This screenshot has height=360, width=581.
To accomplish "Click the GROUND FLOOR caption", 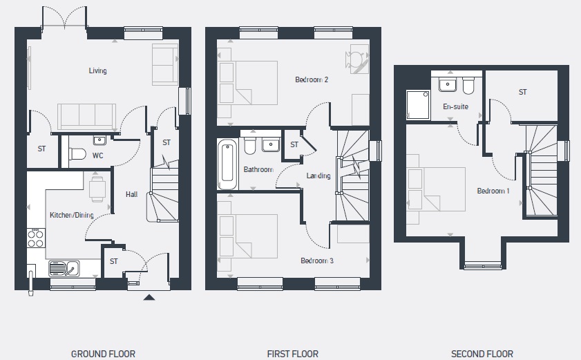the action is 103,354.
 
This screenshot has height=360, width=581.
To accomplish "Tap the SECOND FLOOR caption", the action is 482,354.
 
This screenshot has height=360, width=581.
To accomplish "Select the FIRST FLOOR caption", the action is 293,354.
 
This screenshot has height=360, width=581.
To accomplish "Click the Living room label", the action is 98,70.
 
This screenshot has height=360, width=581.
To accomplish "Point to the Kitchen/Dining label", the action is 72,215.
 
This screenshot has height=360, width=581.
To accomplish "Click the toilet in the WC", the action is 77,154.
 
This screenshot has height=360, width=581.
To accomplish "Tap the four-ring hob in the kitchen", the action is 36,238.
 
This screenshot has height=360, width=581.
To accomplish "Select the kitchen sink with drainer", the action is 64,268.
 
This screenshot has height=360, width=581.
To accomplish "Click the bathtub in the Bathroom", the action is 227,164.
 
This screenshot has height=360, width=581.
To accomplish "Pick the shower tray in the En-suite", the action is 418,104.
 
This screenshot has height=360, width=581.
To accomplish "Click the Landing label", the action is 318,176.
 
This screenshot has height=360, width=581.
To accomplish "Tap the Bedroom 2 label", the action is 312,79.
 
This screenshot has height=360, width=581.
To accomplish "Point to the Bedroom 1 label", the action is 493,191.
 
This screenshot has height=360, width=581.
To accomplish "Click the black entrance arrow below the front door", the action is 149,297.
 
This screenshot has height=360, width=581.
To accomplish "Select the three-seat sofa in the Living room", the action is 87,116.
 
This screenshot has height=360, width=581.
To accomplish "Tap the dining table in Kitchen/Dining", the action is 97,189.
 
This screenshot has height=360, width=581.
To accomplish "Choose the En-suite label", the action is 456,107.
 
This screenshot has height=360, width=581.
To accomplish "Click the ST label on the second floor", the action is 523,92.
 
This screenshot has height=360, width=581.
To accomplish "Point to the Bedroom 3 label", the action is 317,260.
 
